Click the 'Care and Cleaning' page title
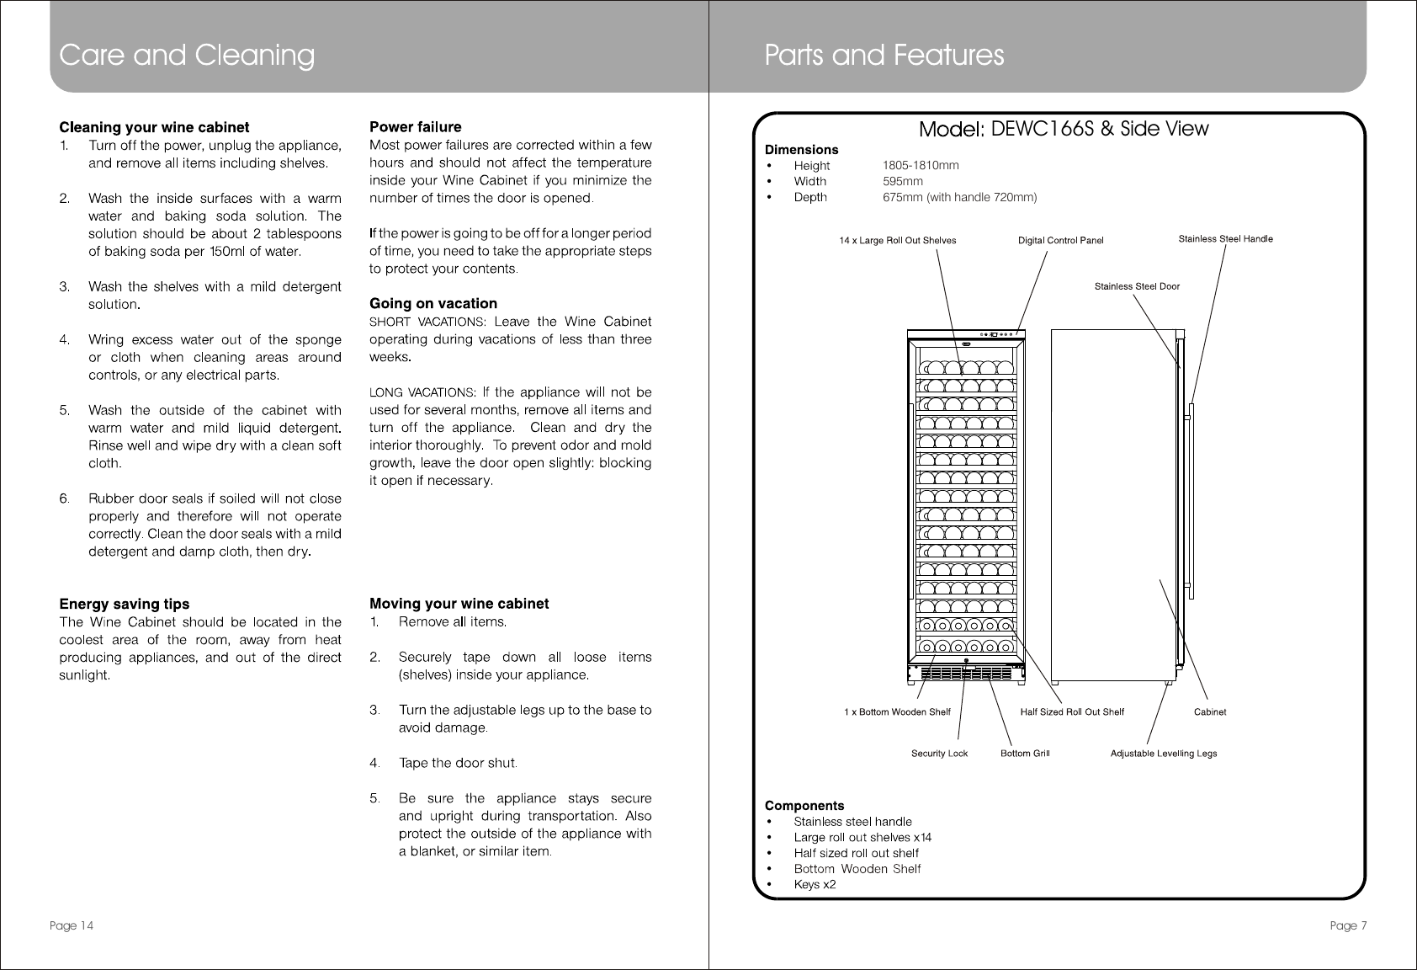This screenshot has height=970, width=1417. click(187, 56)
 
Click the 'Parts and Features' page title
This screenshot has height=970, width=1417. click(884, 56)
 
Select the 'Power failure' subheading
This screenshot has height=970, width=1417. click(416, 127)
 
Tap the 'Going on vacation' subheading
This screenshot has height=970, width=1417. click(433, 303)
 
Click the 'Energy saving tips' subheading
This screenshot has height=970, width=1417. click(124, 604)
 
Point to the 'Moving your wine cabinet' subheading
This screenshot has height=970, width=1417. click(459, 604)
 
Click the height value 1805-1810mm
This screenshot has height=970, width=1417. click(921, 166)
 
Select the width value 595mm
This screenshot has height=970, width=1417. click(903, 181)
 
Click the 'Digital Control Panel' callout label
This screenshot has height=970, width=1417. click(1060, 241)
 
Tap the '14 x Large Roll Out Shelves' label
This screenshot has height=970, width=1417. click(898, 241)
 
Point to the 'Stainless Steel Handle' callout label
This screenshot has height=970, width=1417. click(1225, 239)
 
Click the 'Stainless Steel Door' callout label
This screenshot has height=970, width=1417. click(1137, 286)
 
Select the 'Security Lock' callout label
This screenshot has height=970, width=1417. click(940, 754)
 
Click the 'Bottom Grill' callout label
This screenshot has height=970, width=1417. click(1025, 754)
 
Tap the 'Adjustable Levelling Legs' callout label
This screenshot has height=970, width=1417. click(1164, 754)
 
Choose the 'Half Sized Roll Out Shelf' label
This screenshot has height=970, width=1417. click(1072, 712)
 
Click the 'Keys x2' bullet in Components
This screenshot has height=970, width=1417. click(815, 885)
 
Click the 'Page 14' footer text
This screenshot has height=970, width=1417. click(71, 926)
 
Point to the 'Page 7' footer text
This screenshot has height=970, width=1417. click(1348, 926)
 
